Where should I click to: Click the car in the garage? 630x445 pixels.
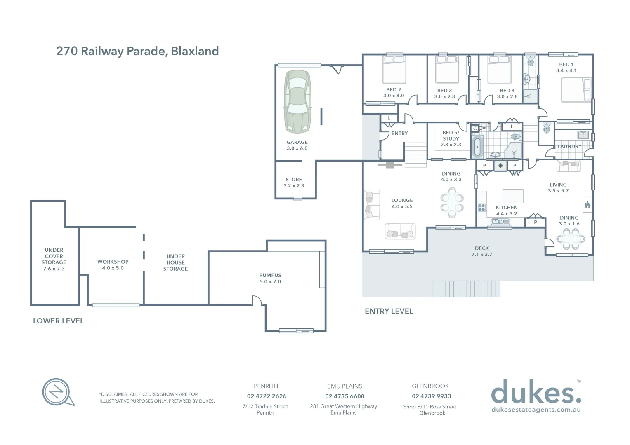coord(297,101)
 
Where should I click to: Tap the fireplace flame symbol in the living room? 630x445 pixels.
coord(588,204)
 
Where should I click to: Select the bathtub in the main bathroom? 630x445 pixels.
coord(477,146)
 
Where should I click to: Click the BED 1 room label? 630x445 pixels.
coord(566,64)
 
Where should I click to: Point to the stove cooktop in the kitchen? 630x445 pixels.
coord(481,207)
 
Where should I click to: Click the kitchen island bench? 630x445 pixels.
coord(513,195)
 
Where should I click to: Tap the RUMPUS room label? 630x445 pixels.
coord(270,275)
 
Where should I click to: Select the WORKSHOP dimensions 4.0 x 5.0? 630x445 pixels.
coord(113,268)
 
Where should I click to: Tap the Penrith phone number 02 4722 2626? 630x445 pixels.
coord(267,396)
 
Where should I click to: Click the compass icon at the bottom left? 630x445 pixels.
coord(58,392)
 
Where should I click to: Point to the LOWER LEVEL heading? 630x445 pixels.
coord(58,321)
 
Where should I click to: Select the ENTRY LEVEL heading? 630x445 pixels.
coord(389,311)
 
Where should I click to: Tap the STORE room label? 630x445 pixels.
coord(294,180)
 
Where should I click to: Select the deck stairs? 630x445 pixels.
coord(466,288)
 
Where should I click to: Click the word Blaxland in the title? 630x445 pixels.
coord(195,51)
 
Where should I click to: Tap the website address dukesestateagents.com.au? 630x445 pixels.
coord(536,410)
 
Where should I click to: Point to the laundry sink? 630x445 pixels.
coord(583,134)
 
